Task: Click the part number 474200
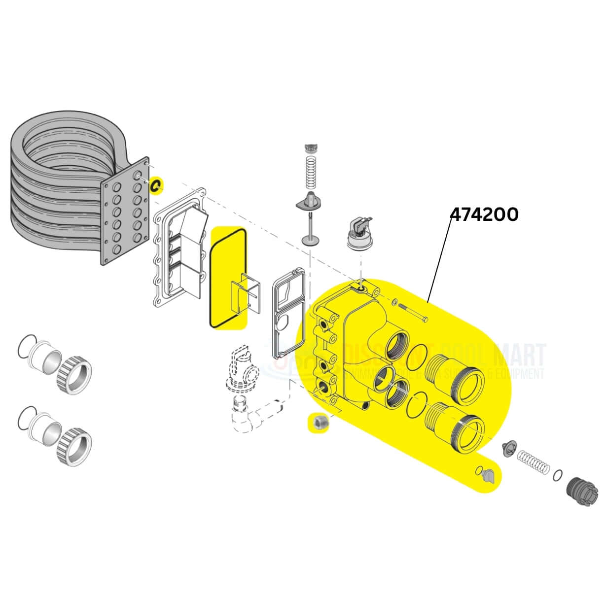[484, 214]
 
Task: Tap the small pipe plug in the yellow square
[319, 423]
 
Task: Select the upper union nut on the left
[74, 374]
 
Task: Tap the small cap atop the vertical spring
[311, 147]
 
